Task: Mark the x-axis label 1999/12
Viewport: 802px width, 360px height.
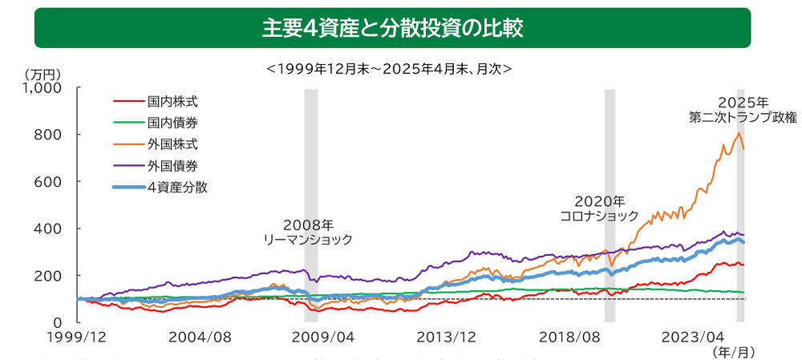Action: [79, 338]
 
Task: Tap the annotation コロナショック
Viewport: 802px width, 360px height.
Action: [599, 216]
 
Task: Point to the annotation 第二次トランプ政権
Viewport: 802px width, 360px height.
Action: [743, 117]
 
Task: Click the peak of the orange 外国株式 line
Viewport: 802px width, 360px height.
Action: [738, 132]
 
